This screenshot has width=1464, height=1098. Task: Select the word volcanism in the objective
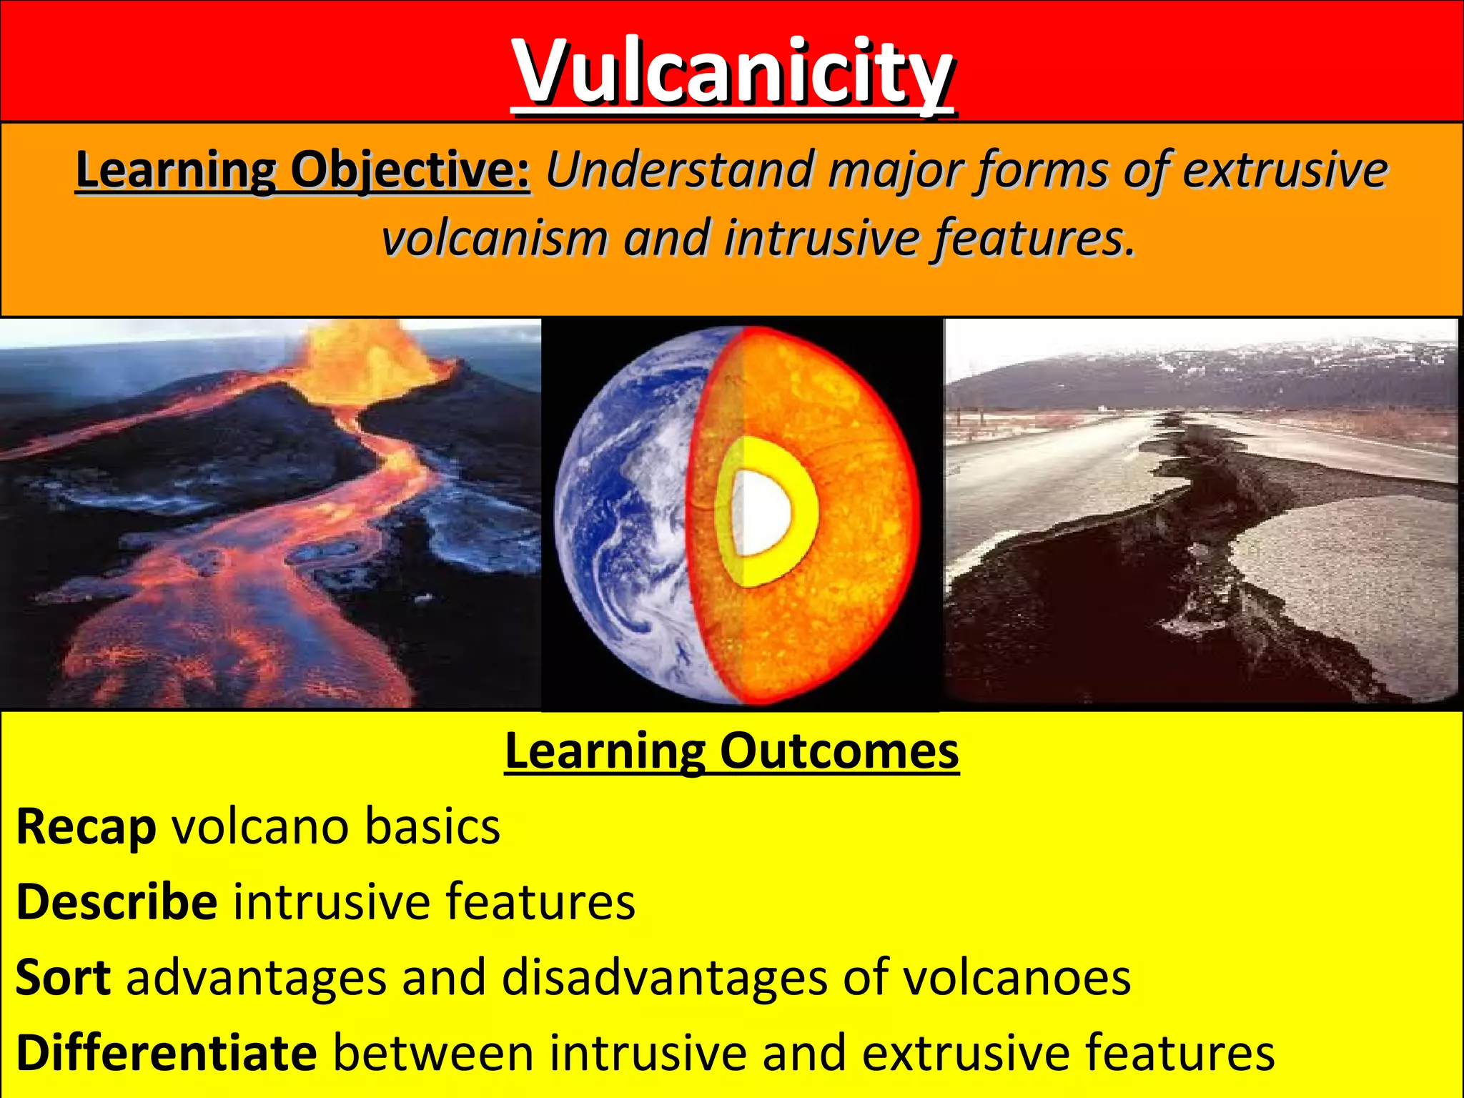click(x=493, y=238)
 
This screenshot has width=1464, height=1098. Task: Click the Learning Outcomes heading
click(x=731, y=752)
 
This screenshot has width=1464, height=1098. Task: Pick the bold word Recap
click(x=86, y=828)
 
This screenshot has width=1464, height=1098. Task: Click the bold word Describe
click(x=117, y=902)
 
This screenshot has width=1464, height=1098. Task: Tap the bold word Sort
click(x=63, y=978)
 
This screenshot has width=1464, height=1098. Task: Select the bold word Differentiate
click(x=166, y=1054)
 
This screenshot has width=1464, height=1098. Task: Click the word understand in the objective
click(x=679, y=170)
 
